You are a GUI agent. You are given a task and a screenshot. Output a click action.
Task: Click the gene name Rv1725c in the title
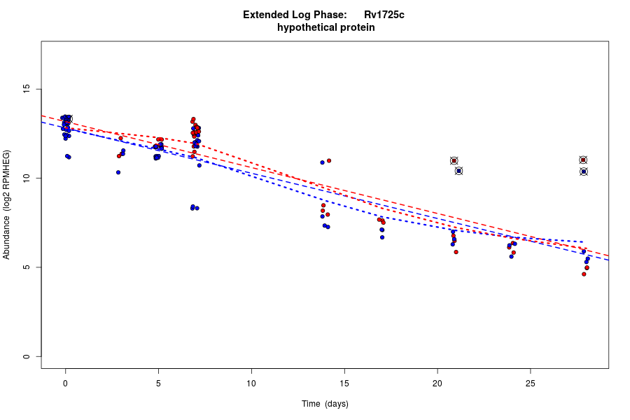[384, 15]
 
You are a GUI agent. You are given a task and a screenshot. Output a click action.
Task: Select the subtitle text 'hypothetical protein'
[325, 28]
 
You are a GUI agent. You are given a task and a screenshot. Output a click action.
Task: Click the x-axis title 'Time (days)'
[325, 404]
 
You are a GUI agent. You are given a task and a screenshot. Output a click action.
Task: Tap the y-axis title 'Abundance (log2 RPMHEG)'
[7, 204]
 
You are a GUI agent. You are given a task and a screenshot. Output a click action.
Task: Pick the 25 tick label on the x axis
[530, 383]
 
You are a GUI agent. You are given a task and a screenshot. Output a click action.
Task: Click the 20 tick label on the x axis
[437, 383]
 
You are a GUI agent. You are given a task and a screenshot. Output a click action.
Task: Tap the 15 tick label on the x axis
[344, 383]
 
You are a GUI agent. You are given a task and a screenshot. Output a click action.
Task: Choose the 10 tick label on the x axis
[251, 383]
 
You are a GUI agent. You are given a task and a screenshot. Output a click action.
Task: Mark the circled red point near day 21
[454, 161]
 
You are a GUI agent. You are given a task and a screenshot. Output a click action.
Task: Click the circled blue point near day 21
[458, 171]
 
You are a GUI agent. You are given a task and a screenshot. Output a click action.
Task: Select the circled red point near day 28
[583, 160]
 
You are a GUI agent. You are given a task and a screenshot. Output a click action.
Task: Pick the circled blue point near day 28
[583, 171]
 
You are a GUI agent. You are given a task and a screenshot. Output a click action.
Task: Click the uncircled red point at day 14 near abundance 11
[328, 160]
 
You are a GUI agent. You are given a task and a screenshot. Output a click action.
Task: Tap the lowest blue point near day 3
[118, 172]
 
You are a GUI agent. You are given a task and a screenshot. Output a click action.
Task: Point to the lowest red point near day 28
[584, 274]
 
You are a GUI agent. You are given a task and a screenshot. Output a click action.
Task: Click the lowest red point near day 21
[456, 252]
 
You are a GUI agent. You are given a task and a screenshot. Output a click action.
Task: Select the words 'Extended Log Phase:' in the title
[295, 15]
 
